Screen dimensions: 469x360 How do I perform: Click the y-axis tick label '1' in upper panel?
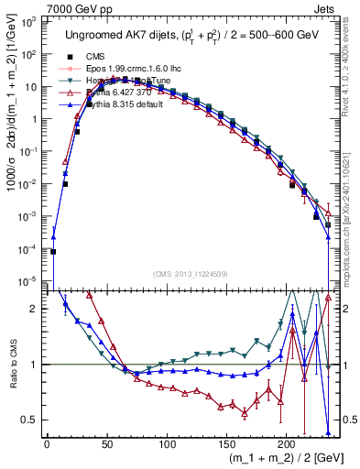tap(33, 119)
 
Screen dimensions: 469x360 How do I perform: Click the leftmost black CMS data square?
tap(53, 251)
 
